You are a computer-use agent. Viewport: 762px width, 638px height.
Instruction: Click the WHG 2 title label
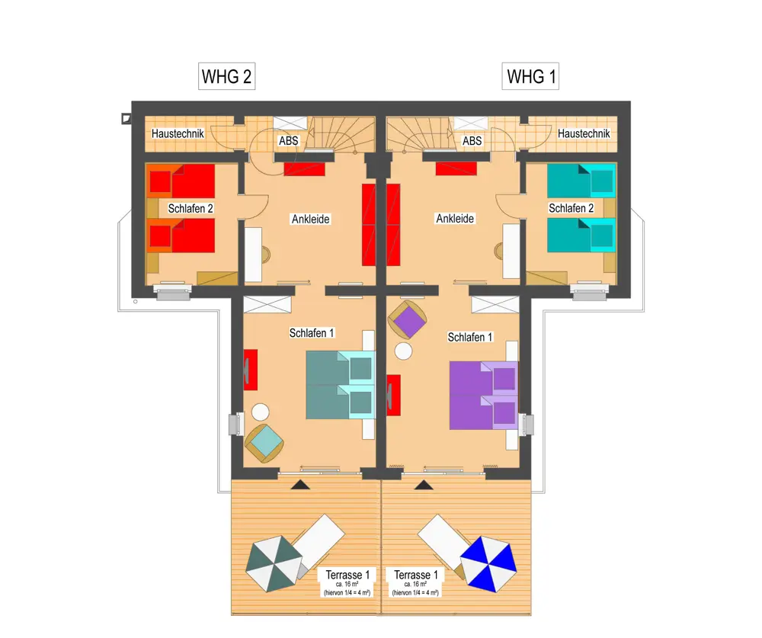pos(226,76)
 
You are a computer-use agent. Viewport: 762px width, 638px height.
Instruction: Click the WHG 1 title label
pos(530,76)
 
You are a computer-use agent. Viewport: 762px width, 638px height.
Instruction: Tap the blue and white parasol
pos(488,563)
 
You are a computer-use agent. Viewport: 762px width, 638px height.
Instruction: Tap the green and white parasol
pos(274,563)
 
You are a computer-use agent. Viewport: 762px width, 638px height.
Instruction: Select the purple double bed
pos(484,396)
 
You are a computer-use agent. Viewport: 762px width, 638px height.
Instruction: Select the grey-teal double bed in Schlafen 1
pos(341,385)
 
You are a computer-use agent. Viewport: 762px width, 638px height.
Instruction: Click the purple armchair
pos(407,319)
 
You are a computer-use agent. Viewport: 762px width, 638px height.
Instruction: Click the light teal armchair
pos(264,443)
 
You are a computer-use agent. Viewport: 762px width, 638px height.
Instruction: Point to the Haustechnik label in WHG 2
pos(178,133)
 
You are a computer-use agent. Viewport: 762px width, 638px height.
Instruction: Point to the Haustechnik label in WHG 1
pos(584,133)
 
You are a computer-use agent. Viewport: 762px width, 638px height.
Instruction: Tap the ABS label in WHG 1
pos(472,141)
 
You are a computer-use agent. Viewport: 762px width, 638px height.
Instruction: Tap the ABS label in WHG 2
pos(288,141)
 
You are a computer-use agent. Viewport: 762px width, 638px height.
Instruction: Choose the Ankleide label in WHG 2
pos(311,220)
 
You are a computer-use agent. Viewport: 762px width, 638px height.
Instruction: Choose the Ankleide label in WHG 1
pos(455,219)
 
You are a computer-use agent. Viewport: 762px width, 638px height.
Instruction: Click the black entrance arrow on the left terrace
pos(300,484)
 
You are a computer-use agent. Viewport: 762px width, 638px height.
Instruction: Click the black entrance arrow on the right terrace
pos(424,484)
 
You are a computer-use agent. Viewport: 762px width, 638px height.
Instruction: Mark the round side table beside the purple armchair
pos(403,351)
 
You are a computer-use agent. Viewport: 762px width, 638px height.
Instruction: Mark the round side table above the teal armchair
pos(261,412)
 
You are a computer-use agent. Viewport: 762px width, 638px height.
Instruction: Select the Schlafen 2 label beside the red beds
pos(190,209)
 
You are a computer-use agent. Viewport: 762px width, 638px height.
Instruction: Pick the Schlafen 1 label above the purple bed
pos(470,337)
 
